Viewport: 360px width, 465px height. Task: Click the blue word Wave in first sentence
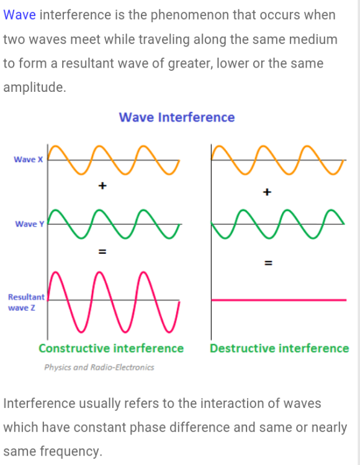click(20, 15)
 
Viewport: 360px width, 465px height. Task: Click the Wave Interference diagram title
click(177, 117)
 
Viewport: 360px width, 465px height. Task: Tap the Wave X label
click(29, 160)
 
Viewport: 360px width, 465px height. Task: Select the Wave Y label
click(30, 224)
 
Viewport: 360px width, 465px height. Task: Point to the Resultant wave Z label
click(26, 302)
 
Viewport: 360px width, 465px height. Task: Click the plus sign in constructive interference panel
click(102, 186)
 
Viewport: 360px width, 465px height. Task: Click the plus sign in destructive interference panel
click(267, 192)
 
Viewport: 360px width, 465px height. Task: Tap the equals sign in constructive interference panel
click(102, 252)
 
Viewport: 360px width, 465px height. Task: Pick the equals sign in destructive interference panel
click(268, 263)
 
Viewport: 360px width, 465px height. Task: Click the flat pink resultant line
click(279, 300)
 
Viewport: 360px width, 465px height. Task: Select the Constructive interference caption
click(111, 348)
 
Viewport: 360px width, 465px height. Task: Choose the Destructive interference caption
click(279, 348)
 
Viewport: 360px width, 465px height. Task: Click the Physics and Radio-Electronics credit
click(99, 368)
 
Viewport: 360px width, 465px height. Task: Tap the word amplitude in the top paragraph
click(35, 88)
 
